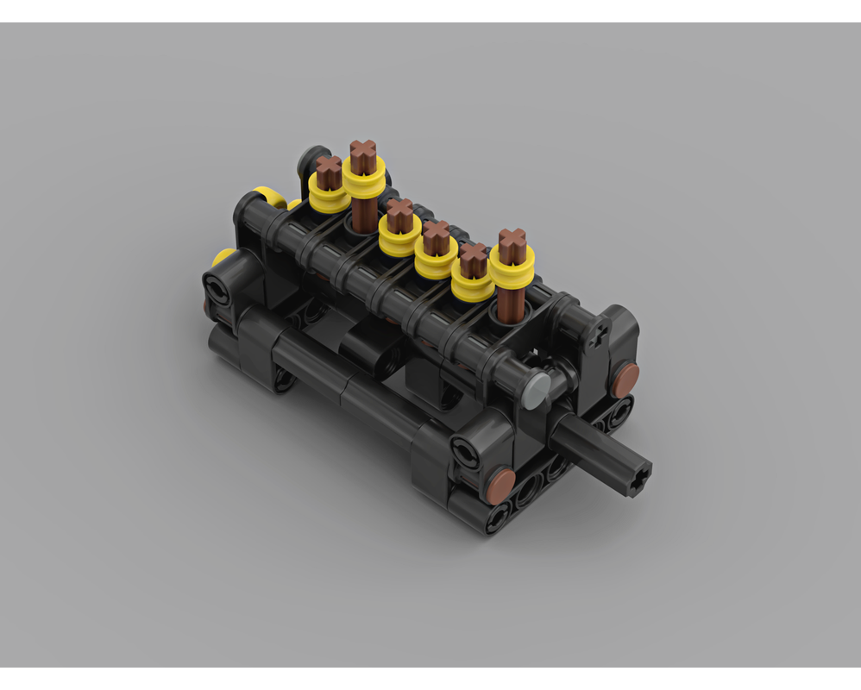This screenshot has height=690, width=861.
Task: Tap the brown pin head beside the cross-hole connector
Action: (x=625, y=375)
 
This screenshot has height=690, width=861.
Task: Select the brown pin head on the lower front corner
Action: (x=500, y=485)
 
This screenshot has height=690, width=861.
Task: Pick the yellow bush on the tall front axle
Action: (x=512, y=267)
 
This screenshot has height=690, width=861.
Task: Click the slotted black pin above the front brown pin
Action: (x=470, y=448)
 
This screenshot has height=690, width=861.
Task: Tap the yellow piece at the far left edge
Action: (x=222, y=256)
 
